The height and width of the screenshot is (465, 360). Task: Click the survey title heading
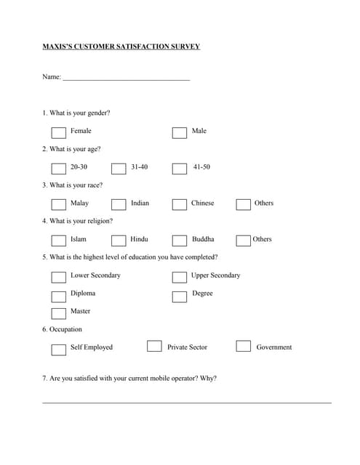[x=121, y=46]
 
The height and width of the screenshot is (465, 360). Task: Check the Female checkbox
[x=58, y=132]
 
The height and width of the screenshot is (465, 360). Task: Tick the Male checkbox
[x=179, y=132]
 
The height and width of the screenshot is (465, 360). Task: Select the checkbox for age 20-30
[x=58, y=169]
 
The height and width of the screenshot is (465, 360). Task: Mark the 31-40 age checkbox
[x=119, y=169]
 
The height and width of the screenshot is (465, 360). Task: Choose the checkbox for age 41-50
[x=179, y=169]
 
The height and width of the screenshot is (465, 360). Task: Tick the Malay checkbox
[x=58, y=204]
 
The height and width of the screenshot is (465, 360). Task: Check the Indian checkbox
[x=119, y=204]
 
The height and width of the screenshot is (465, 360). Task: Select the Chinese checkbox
[x=179, y=204]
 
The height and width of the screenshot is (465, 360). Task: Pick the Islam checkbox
[x=58, y=240]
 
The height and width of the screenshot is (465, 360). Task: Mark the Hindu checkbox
[x=119, y=240]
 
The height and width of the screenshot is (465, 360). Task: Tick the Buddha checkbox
[x=179, y=240]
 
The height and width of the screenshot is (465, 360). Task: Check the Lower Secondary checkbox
[x=58, y=277]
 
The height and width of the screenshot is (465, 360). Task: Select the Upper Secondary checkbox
[x=179, y=277]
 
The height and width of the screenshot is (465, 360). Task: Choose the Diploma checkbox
[x=58, y=295]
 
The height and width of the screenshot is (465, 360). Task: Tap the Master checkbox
[x=58, y=313]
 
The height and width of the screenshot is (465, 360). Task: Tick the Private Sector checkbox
[x=154, y=347]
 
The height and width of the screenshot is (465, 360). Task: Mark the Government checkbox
[x=243, y=347]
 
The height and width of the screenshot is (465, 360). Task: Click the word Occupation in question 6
[x=65, y=329]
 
